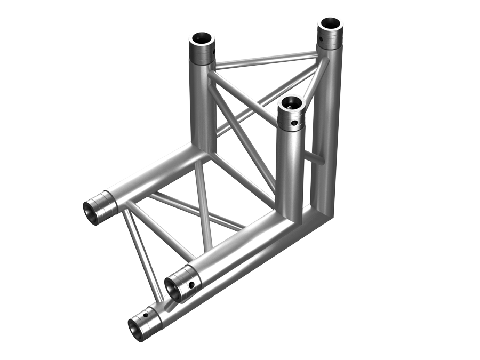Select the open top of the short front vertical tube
pos(291,101)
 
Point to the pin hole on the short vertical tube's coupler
pos(294,124)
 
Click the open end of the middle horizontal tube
pos(173,289)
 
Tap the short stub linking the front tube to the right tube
pos(317,158)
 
